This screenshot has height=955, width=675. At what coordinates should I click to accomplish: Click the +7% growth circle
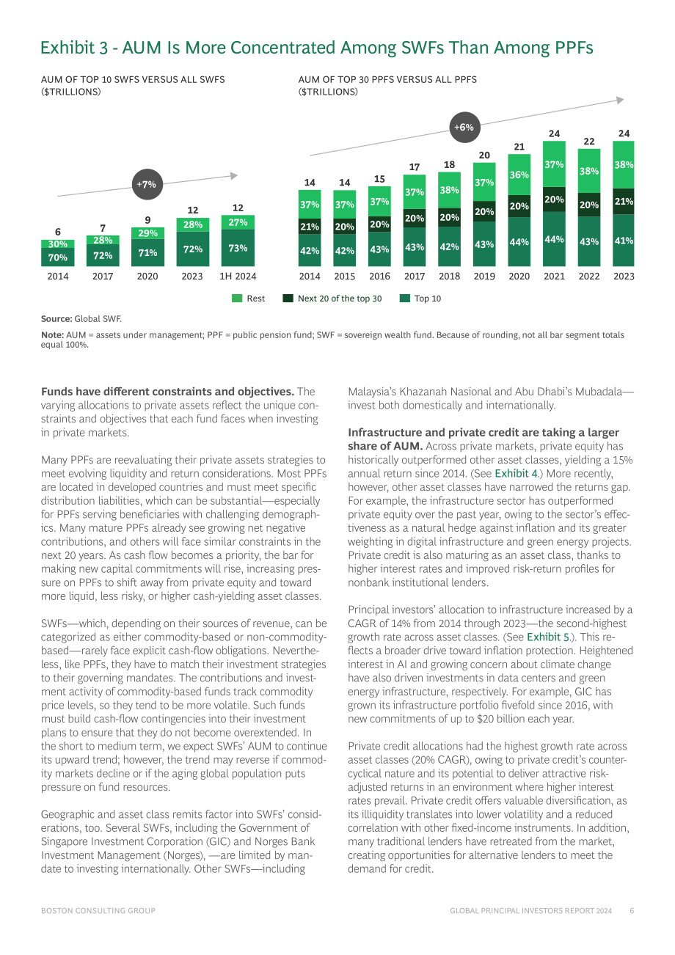147,184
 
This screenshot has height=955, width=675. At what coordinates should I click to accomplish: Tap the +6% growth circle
464,127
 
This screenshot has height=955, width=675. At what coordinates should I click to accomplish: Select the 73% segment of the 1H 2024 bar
238,248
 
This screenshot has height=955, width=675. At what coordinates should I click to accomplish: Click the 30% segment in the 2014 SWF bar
57,244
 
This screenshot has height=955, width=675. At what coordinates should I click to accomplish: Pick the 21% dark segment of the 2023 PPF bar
624,201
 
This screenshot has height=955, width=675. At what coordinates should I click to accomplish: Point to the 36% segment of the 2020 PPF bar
519,175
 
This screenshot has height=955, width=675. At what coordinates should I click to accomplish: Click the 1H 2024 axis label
238,277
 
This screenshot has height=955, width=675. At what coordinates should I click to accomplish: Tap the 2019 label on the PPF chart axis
484,277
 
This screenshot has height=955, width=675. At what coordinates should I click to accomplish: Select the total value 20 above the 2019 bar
484,155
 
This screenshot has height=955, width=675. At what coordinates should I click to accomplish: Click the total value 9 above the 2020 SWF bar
147,220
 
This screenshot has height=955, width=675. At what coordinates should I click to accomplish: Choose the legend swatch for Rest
237,299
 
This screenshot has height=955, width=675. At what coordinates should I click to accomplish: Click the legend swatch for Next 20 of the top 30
288,299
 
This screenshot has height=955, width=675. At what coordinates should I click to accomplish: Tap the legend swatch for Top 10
405,299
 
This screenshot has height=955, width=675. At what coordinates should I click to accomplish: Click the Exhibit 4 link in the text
516,473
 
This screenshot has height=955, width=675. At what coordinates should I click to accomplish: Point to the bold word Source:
56,319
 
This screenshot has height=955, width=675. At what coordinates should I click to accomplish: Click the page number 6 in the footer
632,911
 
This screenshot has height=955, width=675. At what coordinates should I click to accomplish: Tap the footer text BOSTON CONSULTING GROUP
98,911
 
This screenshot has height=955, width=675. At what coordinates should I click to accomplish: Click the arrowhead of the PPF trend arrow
621,100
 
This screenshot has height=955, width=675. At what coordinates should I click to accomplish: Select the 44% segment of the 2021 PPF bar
554,239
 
